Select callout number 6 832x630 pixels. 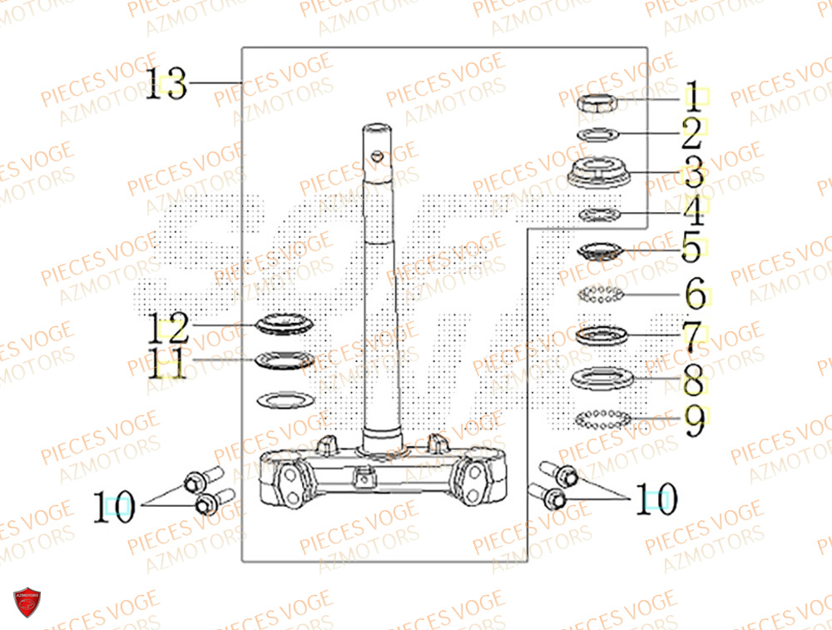click(695, 294)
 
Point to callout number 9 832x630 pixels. click(694, 420)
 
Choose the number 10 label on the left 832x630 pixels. click(114, 506)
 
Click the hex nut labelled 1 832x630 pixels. click(597, 103)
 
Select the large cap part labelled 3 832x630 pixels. click(597, 171)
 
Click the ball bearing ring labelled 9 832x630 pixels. click(602, 419)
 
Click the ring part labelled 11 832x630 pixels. click(285, 361)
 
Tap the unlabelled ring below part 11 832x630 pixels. click(285, 399)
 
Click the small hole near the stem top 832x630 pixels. click(379, 155)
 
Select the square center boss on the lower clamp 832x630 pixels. click(362, 479)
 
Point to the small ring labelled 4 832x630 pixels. click(597, 215)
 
